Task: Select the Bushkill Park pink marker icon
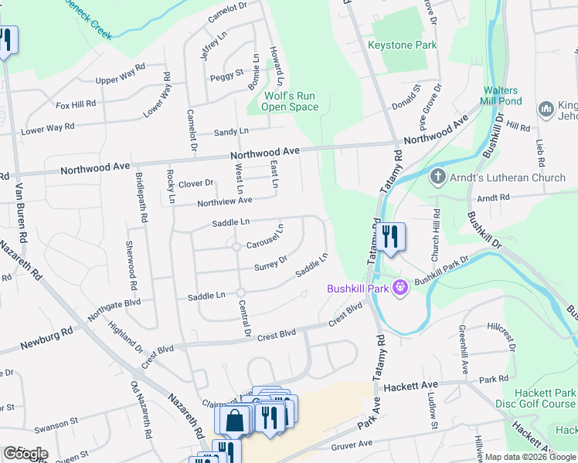pyautogui.click(x=399, y=289)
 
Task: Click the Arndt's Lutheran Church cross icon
pyautogui.click(x=437, y=177)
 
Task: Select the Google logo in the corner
pyautogui.click(x=25, y=454)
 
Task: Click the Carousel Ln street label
pyautogui.click(x=266, y=238)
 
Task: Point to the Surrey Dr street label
pyautogui.click(x=271, y=264)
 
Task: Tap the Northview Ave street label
pyautogui.click(x=225, y=201)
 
